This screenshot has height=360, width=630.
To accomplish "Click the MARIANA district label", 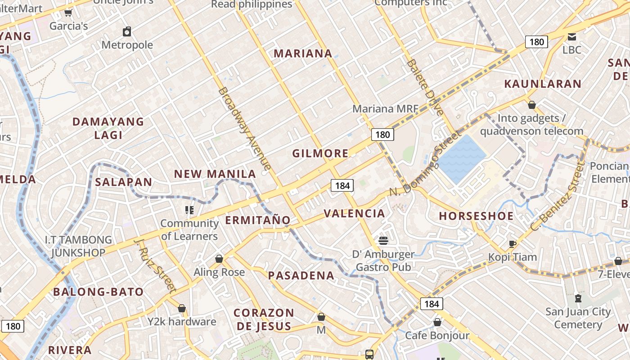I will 303,54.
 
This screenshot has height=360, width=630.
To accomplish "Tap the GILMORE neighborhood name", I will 320,153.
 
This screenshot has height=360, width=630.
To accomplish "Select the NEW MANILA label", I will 215,174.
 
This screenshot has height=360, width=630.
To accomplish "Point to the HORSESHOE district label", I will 476,216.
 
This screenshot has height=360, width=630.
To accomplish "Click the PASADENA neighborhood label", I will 301,275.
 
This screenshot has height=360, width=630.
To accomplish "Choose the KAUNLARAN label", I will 543,84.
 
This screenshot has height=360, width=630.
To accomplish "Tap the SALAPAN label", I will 124,182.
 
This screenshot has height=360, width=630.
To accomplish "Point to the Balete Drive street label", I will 425,87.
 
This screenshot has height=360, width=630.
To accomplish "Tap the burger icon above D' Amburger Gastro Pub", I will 383,241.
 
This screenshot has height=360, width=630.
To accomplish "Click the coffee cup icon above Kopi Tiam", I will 512,244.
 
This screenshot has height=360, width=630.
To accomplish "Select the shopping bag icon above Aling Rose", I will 219,259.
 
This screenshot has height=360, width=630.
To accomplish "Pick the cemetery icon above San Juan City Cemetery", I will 578,298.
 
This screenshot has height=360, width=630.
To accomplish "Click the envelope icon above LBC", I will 571,37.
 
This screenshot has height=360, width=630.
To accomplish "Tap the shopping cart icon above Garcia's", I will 68,13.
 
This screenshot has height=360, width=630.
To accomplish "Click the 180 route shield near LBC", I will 536,42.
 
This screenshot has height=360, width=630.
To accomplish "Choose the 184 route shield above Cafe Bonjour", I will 432,304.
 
